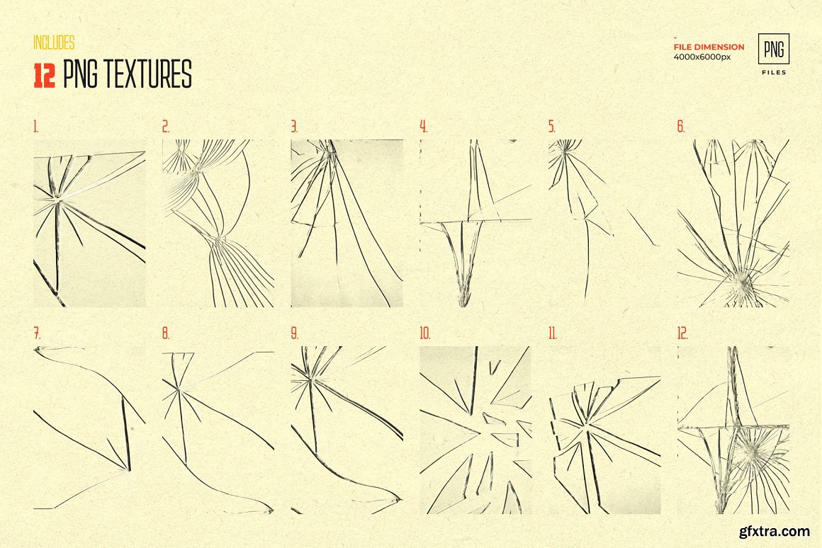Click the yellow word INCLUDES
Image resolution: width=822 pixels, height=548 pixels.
coord(54,42)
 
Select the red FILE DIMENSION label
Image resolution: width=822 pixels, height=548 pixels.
coord(709,47)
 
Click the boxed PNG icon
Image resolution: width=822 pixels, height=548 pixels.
coord(774,49)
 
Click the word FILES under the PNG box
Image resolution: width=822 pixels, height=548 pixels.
coord(775,72)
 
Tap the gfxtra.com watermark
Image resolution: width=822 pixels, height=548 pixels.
coord(775,531)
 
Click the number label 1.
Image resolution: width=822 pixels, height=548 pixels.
coord(35,126)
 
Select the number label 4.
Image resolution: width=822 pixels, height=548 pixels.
coord(423,126)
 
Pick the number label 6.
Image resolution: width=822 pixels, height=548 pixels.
coord(681,126)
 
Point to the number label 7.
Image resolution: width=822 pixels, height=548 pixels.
coord(37,333)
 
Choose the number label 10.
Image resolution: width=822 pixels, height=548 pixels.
coord(424,333)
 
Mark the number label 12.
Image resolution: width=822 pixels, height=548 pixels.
coord(682,333)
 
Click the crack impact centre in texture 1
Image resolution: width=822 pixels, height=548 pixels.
coord(59,200)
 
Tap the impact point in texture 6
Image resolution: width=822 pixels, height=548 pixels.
coord(743,283)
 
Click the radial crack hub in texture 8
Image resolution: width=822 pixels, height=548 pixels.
coord(179,388)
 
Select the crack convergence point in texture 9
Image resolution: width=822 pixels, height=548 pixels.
coord(311,379)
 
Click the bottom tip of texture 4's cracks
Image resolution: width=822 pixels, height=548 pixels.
coord(463,305)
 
